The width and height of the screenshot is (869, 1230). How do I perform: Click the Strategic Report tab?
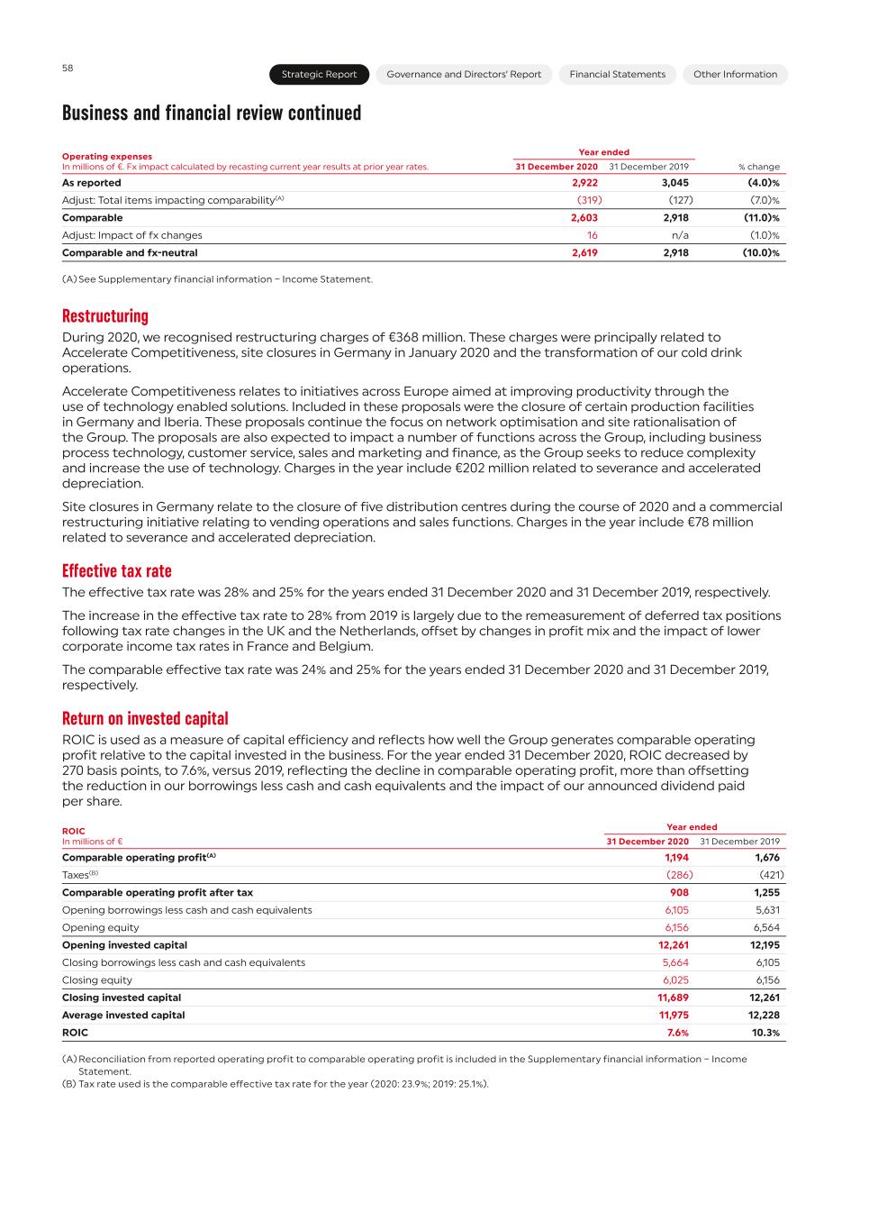click(319, 75)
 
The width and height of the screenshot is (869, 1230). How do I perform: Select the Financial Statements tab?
click(617, 75)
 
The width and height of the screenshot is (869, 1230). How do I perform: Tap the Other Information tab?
click(735, 75)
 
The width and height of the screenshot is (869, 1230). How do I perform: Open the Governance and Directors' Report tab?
click(464, 75)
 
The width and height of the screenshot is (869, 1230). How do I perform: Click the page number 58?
click(68, 68)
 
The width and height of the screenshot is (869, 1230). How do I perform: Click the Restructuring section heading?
click(105, 316)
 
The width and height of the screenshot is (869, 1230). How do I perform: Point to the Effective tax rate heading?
click(117, 571)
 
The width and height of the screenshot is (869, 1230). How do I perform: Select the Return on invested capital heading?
click(145, 719)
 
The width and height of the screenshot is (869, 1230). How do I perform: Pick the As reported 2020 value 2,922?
click(584, 183)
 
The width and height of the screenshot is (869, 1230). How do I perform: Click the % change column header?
click(759, 167)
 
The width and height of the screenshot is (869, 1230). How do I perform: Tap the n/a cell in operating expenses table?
click(680, 235)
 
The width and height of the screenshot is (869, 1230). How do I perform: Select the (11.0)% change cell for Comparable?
click(761, 218)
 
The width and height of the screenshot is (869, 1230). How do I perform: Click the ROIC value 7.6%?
click(677, 1033)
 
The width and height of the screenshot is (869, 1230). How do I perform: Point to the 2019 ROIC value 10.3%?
click(765, 1033)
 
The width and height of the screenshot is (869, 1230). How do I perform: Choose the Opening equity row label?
click(101, 928)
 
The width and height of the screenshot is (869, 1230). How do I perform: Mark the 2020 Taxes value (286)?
click(679, 875)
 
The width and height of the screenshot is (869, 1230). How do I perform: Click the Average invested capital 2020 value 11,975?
click(674, 1016)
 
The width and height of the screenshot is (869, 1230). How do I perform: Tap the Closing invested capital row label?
click(122, 998)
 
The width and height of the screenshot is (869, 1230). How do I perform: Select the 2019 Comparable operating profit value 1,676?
click(766, 858)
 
